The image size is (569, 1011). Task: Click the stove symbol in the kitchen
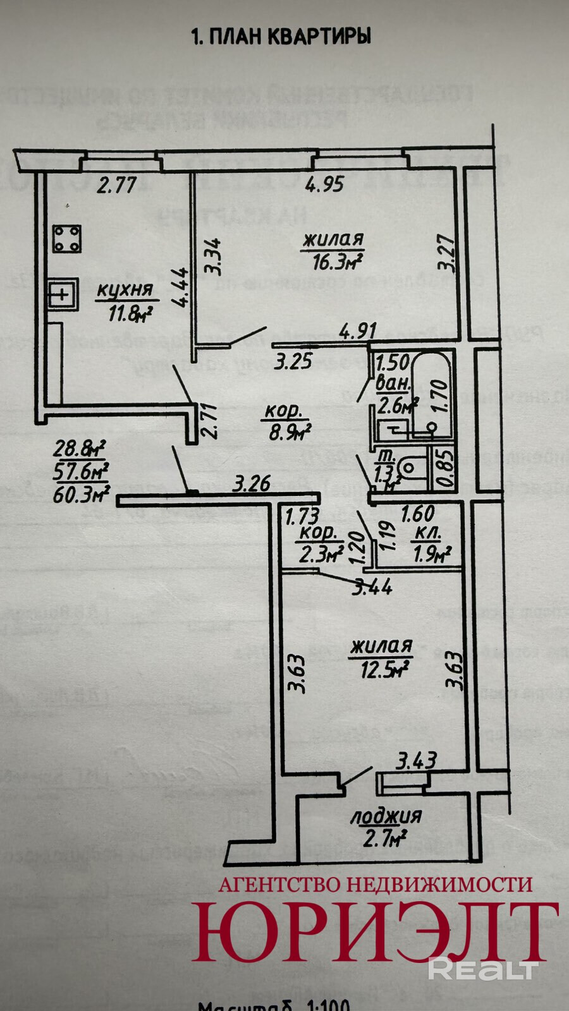coord(66,239)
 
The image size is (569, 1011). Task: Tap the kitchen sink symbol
coord(63,294)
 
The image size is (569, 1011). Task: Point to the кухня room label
coord(125,291)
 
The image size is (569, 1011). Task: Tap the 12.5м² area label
coord(382,669)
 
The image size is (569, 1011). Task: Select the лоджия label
coord(386,816)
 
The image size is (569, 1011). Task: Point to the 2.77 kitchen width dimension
coord(118,186)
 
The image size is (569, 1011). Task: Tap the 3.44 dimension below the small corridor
coord(372,588)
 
